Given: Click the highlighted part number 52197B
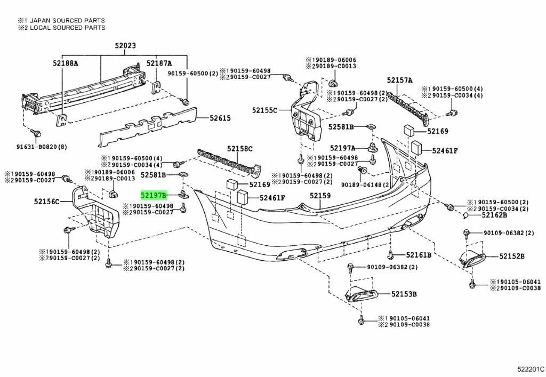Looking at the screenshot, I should tap(154, 196).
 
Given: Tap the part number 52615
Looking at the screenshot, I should tap(220, 118).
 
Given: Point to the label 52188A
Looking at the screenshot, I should tap(65, 63).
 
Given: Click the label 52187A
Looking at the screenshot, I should tap(160, 63).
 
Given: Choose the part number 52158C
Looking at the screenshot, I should tap(240, 149).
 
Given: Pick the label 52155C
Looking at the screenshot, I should tap(265, 110).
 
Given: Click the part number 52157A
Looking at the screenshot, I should tap(400, 81).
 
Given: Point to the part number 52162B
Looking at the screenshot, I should tap(494, 215).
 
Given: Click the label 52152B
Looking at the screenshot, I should tap(512, 257).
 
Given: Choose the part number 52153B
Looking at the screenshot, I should tap(404, 294).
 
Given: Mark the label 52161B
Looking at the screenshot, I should tap(419, 255).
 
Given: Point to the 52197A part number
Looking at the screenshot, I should tap(342, 148).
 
